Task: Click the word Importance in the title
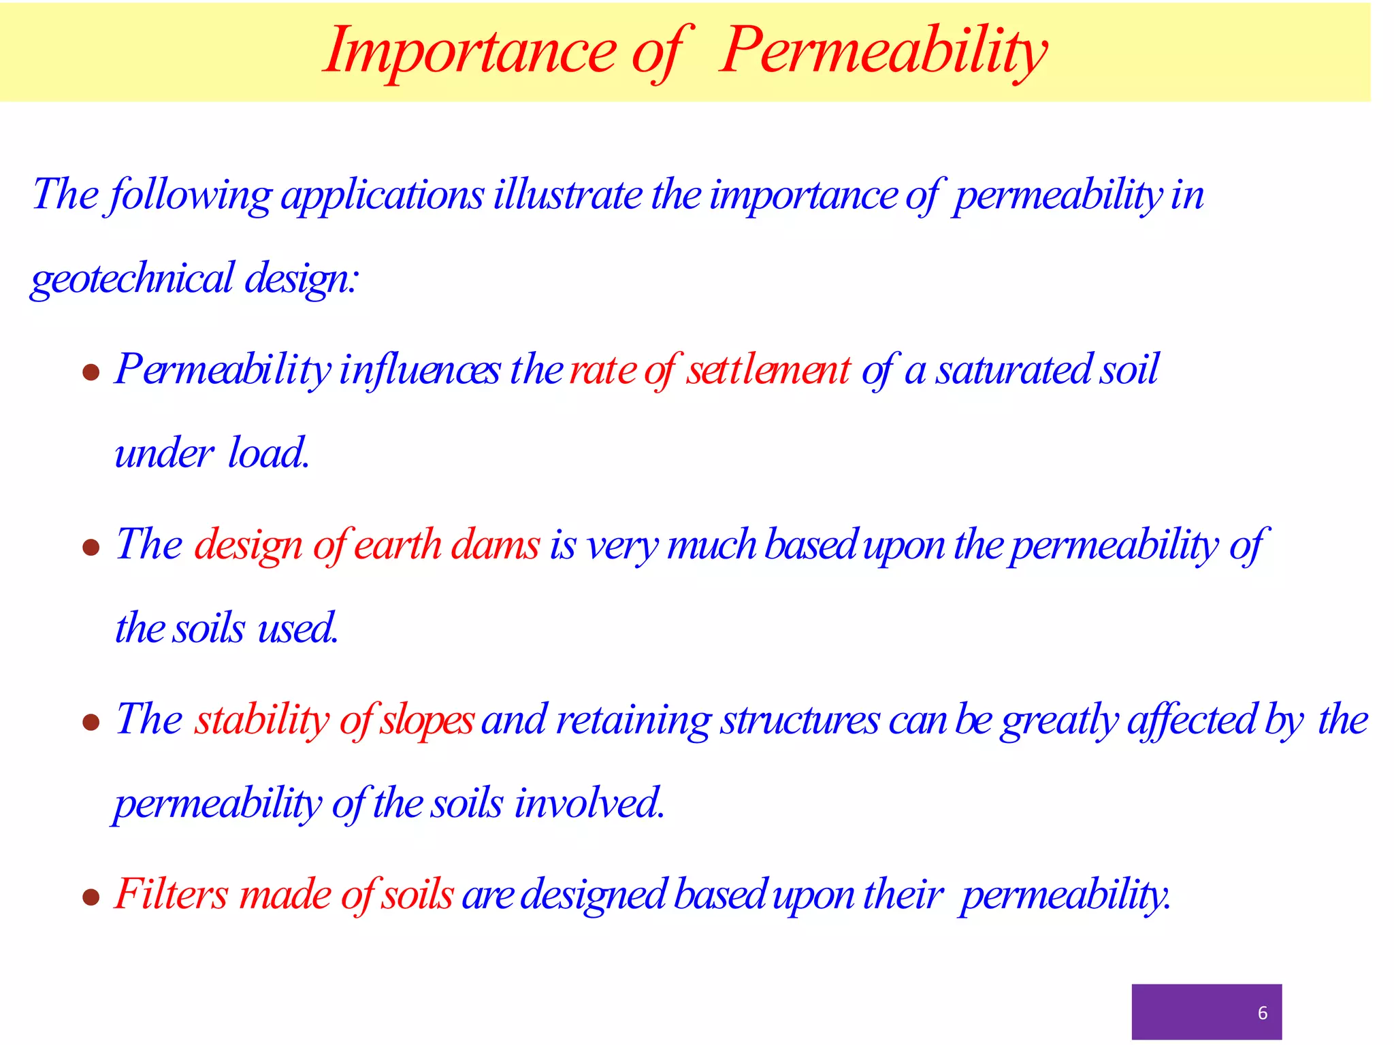point(470,51)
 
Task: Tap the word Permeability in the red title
point(883,51)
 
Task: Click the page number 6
point(1262,1013)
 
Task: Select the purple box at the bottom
point(1205,1011)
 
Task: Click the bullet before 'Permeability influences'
point(91,372)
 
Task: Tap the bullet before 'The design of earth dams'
point(91,547)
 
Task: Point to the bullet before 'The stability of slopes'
point(91,722)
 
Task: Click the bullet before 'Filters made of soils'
point(91,897)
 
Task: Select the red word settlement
point(768,370)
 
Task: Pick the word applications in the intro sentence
point(382,196)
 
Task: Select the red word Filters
point(171,894)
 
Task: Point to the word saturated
point(1014,370)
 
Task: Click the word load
point(268,453)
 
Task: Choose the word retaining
point(633,720)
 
